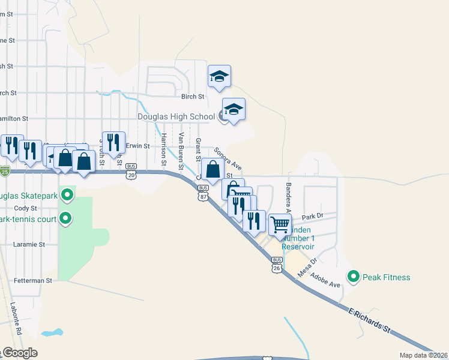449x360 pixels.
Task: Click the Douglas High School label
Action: click(x=176, y=116)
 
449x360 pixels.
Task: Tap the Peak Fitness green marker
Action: click(x=354, y=277)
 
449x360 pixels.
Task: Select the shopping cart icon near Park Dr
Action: click(x=280, y=225)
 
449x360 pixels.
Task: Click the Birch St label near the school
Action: click(x=193, y=96)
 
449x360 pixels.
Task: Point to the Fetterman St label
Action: click(x=33, y=280)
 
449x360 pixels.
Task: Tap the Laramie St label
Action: click(x=29, y=244)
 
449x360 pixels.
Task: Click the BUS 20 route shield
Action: click(x=132, y=172)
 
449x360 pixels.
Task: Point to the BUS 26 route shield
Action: click(x=277, y=265)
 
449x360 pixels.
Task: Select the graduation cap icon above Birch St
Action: click(x=219, y=76)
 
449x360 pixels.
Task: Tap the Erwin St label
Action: click(x=137, y=146)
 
